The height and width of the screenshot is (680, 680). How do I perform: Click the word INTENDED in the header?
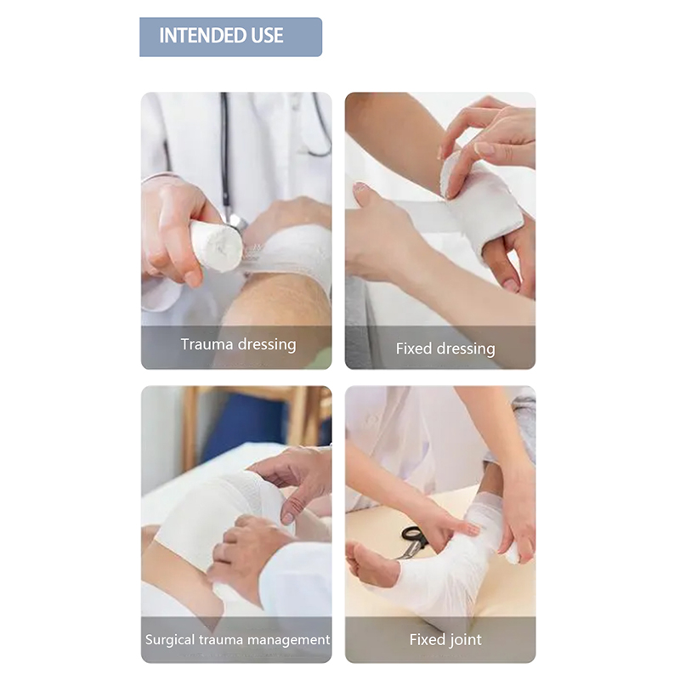click(x=202, y=36)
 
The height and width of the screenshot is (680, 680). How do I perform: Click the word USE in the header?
click(x=267, y=36)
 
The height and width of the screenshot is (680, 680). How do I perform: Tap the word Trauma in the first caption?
click(x=207, y=344)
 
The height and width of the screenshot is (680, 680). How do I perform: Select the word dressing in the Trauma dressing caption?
click(x=267, y=345)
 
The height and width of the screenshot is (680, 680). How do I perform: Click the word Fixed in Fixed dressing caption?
click(x=414, y=348)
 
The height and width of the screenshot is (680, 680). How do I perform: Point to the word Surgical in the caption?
click(x=170, y=640)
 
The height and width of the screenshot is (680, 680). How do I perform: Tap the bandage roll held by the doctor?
click(x=216, y=246)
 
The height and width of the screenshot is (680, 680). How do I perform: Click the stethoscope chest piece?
click(x=237, y=222)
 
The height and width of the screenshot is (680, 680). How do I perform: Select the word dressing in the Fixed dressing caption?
click(x=466, y=349)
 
